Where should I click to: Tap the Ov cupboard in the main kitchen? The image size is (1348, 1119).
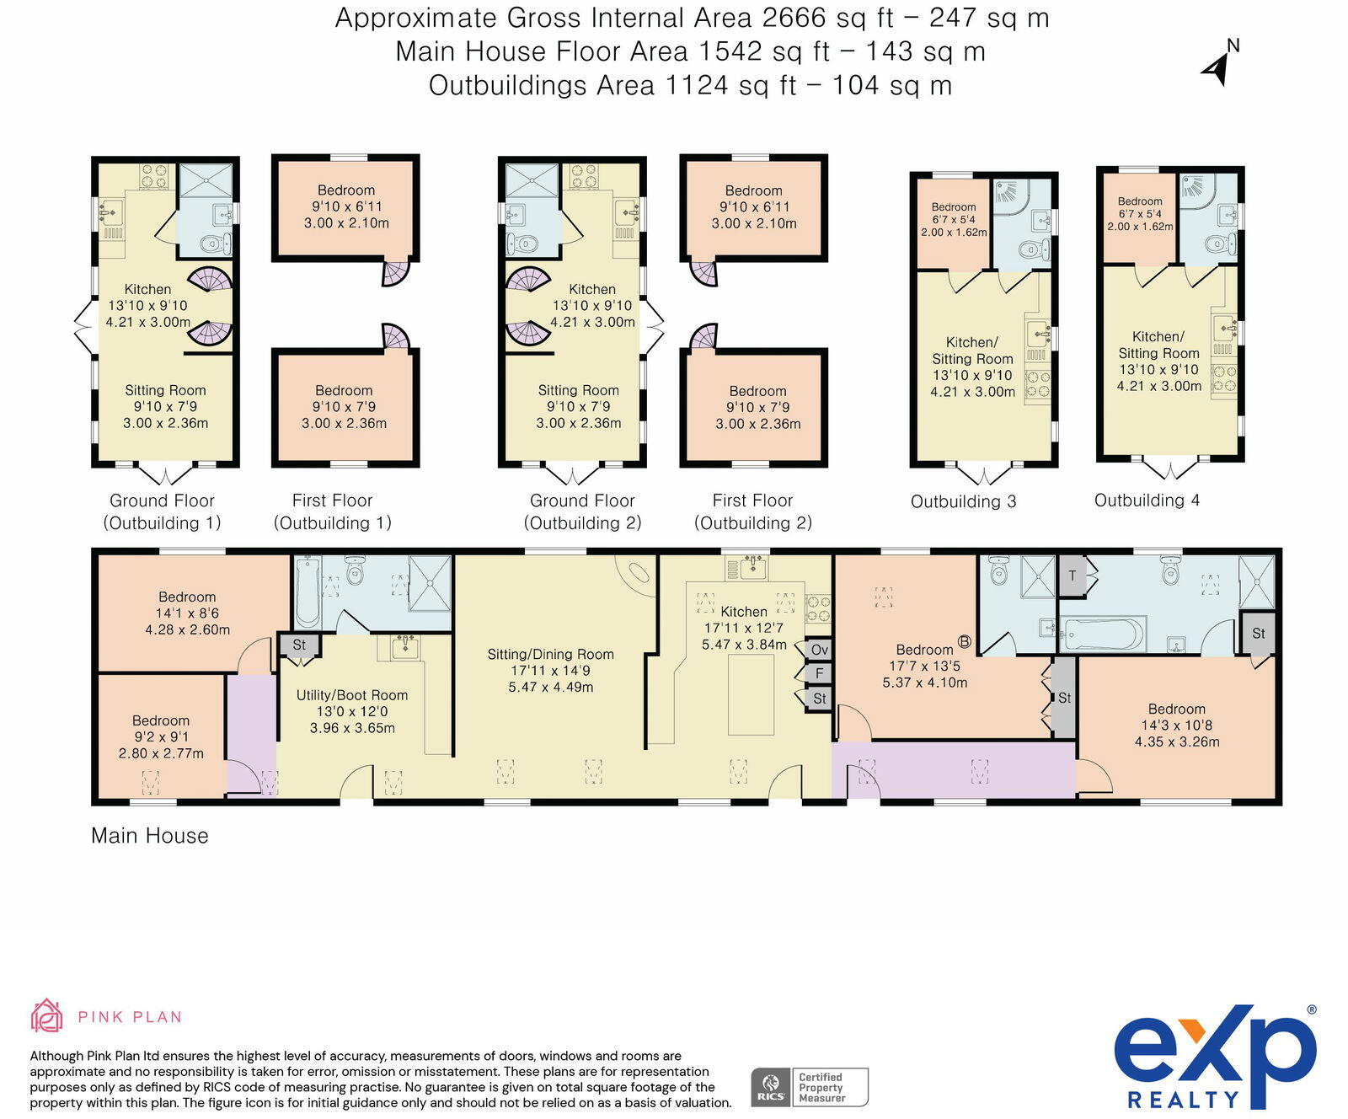point(819,650)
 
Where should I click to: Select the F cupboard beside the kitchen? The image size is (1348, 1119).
point(819,673)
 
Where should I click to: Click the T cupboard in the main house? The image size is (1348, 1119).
point(1073,576)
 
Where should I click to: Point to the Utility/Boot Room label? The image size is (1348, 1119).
point(352,695)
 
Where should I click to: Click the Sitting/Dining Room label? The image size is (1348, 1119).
point(550,654)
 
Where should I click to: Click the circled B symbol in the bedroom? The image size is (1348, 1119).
point(965,642)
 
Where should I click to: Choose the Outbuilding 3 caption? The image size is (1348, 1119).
point(963,501)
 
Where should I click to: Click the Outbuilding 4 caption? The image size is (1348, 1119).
point(1147,501)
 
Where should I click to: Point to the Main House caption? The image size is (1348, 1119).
point(150,836)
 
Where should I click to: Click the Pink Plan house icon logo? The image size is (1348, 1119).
point(47,1016)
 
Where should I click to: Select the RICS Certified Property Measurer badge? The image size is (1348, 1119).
point(809,1087)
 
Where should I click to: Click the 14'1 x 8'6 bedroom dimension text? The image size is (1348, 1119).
point(187,613)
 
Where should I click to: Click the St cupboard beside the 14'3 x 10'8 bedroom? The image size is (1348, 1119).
point(1258,634)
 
